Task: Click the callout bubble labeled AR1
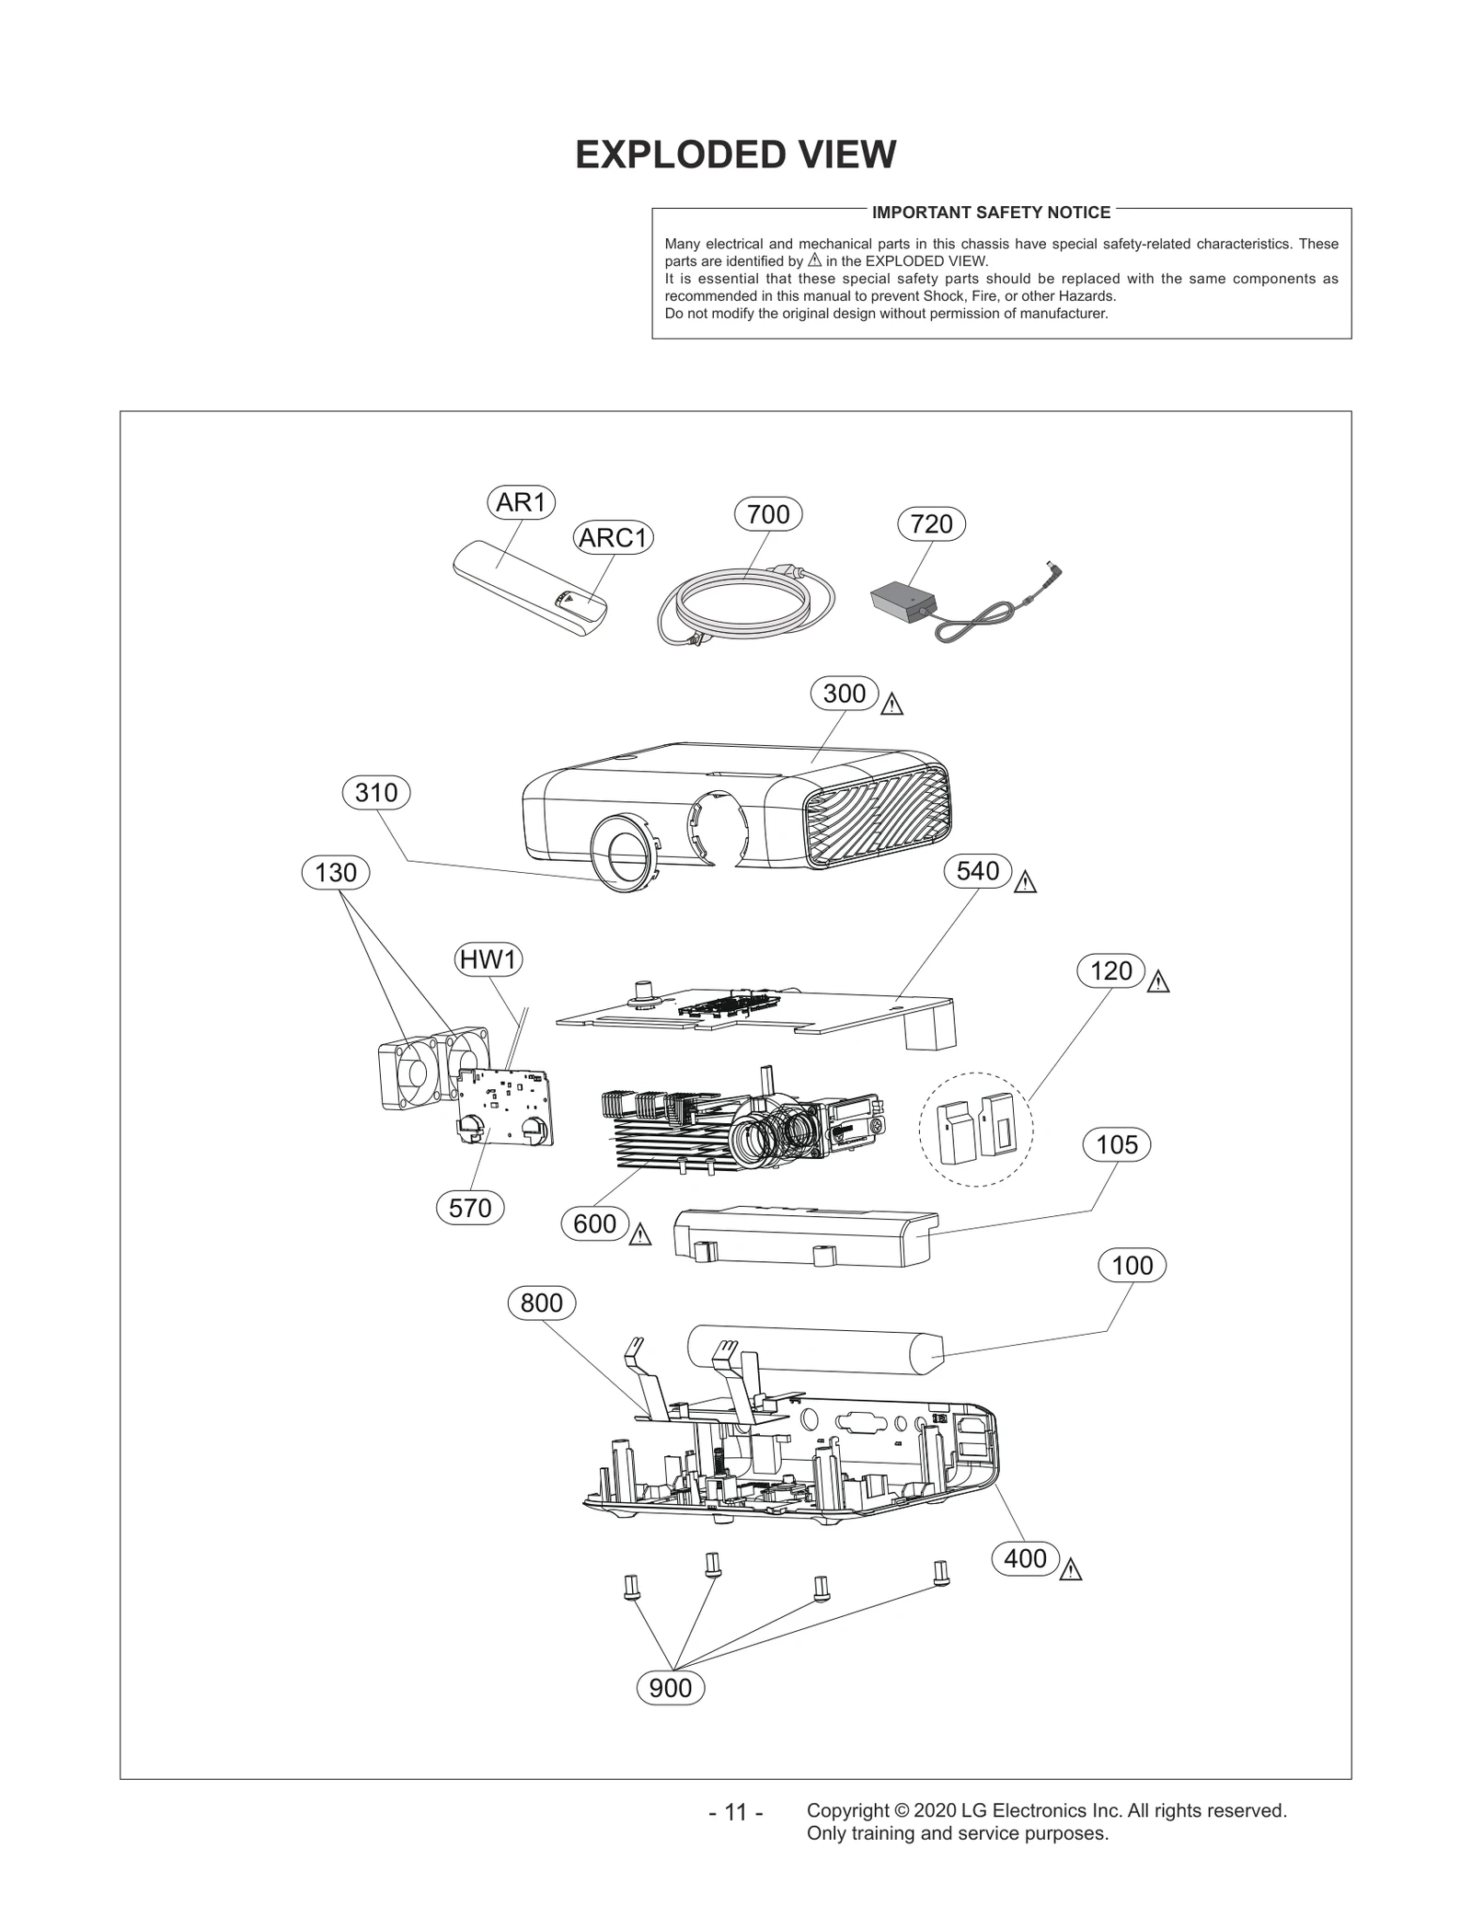coord(521,502)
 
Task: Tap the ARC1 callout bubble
coord(614,537)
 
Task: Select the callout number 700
coord(768,514)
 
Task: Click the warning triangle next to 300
coord(891,706)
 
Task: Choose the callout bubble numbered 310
coord(375,792)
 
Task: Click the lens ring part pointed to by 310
coord(623,851)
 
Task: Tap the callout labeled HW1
coord(489,959)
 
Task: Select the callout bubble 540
coord(977,870)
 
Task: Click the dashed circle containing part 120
coord(976,1128)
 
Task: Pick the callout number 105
coord(1117,1144)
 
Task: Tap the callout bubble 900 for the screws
coord(671,1688)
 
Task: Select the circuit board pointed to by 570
coord(506,1108)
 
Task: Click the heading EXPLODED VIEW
coord(735,155)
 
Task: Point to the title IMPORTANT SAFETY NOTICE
coord(991,212)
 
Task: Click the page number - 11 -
coord(736,1812)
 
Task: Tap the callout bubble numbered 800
coord(542,1303)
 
